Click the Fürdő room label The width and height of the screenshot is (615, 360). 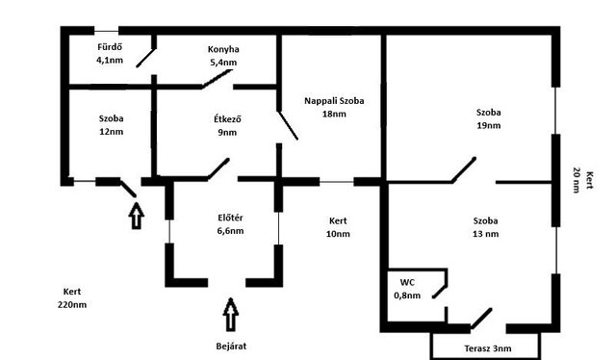tap(110, 47)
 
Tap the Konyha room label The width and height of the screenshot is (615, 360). tap(223, 49)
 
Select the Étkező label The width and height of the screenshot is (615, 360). tap(227, 118)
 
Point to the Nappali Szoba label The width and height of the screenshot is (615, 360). tap(334, 101)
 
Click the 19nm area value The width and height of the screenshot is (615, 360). tap(489, 125)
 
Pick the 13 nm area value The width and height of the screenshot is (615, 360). tap(486, 234)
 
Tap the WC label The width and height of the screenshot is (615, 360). tap(407, 282)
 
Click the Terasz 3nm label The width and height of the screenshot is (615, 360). tap(488, 348)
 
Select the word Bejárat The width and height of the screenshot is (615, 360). tap(231, 347)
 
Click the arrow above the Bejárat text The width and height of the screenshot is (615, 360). tap(231, 315)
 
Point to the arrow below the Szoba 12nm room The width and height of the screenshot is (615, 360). tap(136, 216)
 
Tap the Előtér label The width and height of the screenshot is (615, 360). tap(230, 218)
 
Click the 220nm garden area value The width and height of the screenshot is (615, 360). tap(72, 305)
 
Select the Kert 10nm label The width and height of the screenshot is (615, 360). tap(338, 227)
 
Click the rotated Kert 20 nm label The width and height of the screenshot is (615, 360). tap(583, 180)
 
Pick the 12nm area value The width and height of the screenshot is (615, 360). tap(112, 132)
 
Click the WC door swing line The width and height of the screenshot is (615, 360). tap(440, 291)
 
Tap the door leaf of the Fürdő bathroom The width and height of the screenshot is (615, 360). tap(146, 58)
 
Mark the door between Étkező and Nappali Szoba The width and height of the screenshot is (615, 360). tap(288, 125)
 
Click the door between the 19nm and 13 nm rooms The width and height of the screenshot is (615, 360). tap(464, 169)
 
